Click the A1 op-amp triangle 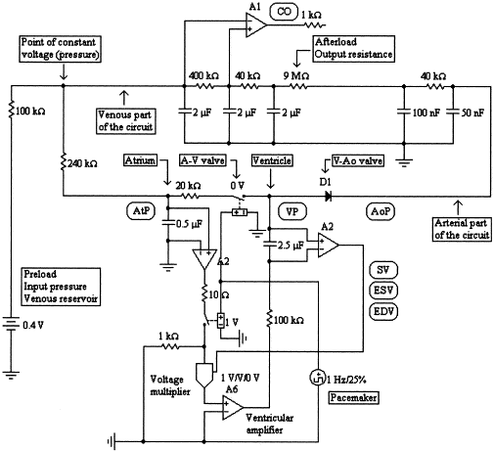pyautogui.click(x=255, y=25)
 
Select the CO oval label pyautogui.click(x=284, y=12)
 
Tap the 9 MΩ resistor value pyautogui.click(x=296, y=76)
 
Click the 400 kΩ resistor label pyautogui.click(x=203, y=76)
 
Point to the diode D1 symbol pyautogui.click(x=328, y=196)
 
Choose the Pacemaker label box pyautogui.click(x=354, y=397)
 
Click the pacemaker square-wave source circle pyautogui.click(x=317, y=378)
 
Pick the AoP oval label pyautogui.click(x=381, y=211)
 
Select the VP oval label pyautogui.click(x=292, y=211)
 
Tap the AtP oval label pyautogui.click(x=141, y=210)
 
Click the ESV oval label pyautogui.click(x=383, y=291)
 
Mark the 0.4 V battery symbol pyautogui.click(x=11, y=325)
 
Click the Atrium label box pyautogui.click(x=140, y=160)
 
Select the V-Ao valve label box pyautogui.click(x=358, y=160)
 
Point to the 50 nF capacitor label pyautogui.click(x=472, y=113)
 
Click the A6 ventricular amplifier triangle pyautogui.click(x=233, y=408)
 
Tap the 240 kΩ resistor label pyautogui.click(x=82, y=163)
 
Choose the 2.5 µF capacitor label pyautogui.click(x=291, y=245)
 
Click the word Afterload pyautogui.click(x=336, y=42)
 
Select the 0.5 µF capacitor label pyautogui.click(x=189, y=224)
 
